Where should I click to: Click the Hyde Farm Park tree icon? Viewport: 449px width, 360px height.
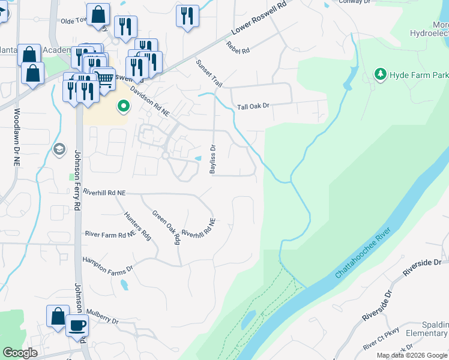(x=379, y=74)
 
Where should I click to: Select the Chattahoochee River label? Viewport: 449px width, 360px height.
(x=363, y=254)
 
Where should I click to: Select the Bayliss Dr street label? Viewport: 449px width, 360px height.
(x=212, y=159)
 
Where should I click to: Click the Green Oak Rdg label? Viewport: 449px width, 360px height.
(x=166, y=227)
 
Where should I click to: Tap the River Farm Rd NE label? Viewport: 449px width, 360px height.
(x=110, y=234)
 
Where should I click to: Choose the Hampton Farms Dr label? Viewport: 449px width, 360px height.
(x=107, y=262)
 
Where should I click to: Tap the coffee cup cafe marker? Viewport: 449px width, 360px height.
(x=77, y=326)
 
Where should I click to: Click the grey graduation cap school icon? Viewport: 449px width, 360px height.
(x=59, y=149)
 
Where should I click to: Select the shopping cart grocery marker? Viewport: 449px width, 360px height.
(x=104, y=79)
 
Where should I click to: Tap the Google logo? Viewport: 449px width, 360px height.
(x=20, y=353)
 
